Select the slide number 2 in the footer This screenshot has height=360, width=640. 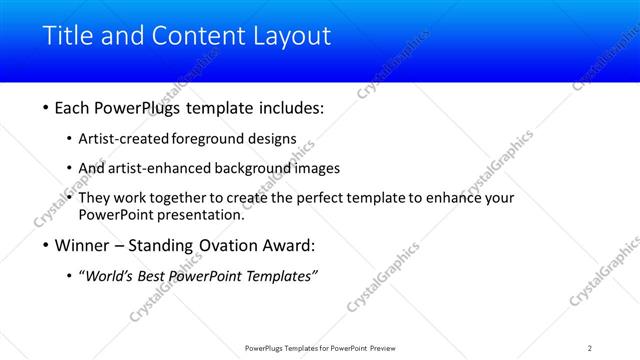coord(590,347)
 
